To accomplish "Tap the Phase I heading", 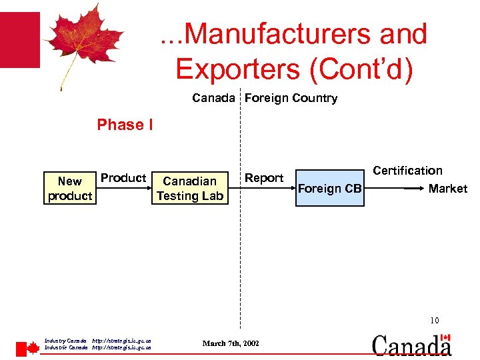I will pyautogui.click(x=125, y=125).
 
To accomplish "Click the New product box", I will pyautogui.click(x=69, y=189).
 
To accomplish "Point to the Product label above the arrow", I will pyautogui.click(x=123, y=178).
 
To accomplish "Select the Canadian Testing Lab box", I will pyautogui.click(x=190, y=189).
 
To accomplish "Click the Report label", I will pyautogui.click(x=264, y=178).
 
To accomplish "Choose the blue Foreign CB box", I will pyautogui.click(x=329, y=189).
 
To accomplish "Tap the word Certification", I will pyautogui.click(x=407, y=171).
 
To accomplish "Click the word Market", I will pyautogui.click(x=447, y=189).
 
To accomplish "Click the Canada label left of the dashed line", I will pyautogui.click(x=213, y=98).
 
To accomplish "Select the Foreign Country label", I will pyautogui.click(x=291, y=98).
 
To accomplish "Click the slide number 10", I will pyautogui.click(x=434, y=321).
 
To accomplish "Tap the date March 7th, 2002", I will pyautogui.click(x=231, y=343).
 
